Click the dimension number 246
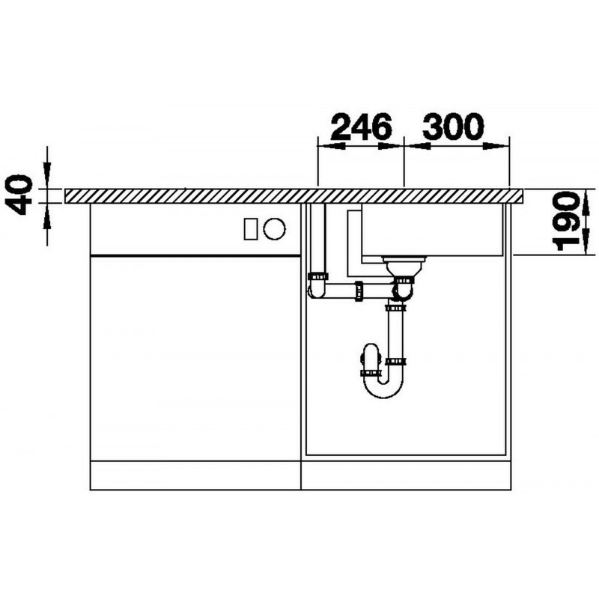pos(362,126)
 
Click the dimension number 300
pos(453,126)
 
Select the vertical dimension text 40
pos(19,195)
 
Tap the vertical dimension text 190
pos(567,221)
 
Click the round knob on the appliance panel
pos(274,229)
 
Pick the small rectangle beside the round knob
pos(251,229)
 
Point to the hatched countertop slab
pos(294,196)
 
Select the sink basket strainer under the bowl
pos(404,266)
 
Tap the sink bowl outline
pos(432,255)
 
